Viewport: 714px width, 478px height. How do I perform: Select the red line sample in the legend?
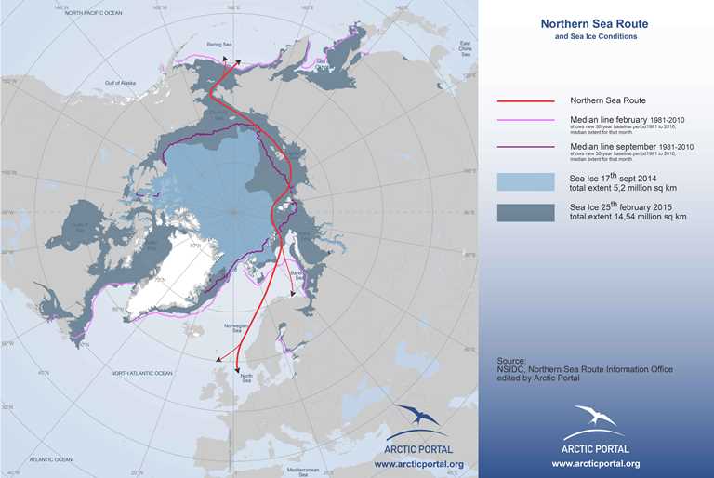(x=524, y=100)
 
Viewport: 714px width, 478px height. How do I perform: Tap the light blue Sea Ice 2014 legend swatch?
(x=524, y=180)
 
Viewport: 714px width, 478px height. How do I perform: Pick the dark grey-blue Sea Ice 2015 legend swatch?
(x=524, y=212)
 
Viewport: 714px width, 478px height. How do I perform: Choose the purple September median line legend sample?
(x=524, y=147)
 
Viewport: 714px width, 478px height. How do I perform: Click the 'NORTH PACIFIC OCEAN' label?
(x=91, y=14)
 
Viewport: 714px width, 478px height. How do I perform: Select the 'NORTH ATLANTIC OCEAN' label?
(x=141, y=373)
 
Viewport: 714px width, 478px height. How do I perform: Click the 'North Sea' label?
(x=246, y=378)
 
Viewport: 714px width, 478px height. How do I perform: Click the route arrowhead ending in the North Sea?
(x=239, y=369)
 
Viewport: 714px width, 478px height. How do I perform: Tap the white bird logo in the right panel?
(x=595, y=417)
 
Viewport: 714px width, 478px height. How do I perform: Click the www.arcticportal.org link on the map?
(x=418, y=463)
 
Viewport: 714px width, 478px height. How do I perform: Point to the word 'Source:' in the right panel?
(x=511, y=360)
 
